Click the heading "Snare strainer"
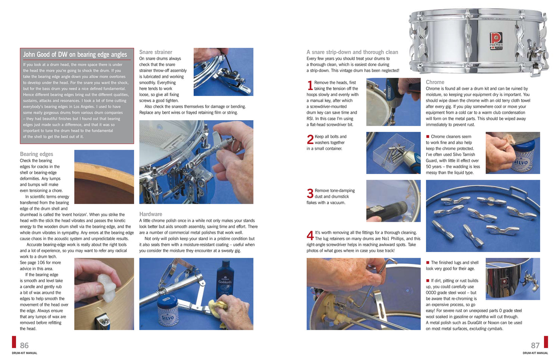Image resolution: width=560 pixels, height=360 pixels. tap(156, 52)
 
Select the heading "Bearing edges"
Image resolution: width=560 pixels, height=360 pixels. tap(37, 154)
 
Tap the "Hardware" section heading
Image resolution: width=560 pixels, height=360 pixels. tap(150, 214)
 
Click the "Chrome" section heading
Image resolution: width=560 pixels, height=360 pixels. tap(435, 82)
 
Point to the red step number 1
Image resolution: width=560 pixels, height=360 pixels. tap(310, 86)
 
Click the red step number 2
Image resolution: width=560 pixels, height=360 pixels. tap(310, 140)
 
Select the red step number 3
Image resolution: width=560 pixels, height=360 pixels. tap(310, 193)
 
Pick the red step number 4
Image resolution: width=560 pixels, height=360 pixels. tap(310, 236)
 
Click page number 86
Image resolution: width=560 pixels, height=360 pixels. tap(24, 345)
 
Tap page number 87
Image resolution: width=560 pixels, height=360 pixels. tap(535, 345)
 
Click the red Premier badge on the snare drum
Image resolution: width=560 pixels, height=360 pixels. tap(496, 40)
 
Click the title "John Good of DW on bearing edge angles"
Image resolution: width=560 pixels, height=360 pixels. tap(75, 55)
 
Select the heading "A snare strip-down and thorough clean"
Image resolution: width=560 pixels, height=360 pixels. tap(352, 52)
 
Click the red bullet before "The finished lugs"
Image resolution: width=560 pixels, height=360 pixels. tap(428, 263)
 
